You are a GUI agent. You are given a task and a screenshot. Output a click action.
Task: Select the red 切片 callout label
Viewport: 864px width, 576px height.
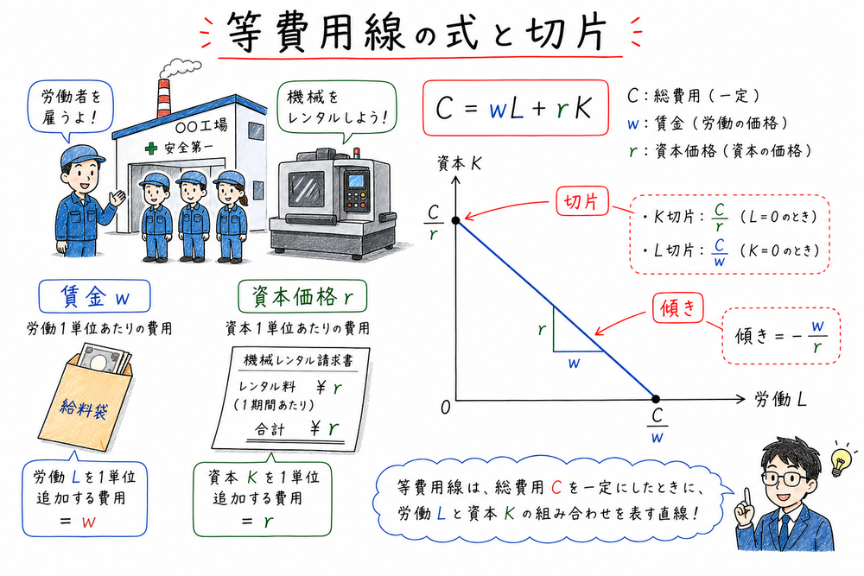point(582,204)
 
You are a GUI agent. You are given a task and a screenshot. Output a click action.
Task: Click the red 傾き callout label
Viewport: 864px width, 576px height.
point(678,307)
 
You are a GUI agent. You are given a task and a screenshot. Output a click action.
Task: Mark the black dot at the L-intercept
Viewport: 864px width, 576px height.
point(656,399)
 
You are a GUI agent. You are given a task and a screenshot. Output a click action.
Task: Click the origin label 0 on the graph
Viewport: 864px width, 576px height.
point(445,408)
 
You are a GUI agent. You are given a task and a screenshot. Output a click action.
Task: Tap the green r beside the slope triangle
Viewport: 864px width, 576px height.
point(541,330)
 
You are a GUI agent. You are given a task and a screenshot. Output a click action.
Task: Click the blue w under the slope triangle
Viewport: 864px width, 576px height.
point(573,364)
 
